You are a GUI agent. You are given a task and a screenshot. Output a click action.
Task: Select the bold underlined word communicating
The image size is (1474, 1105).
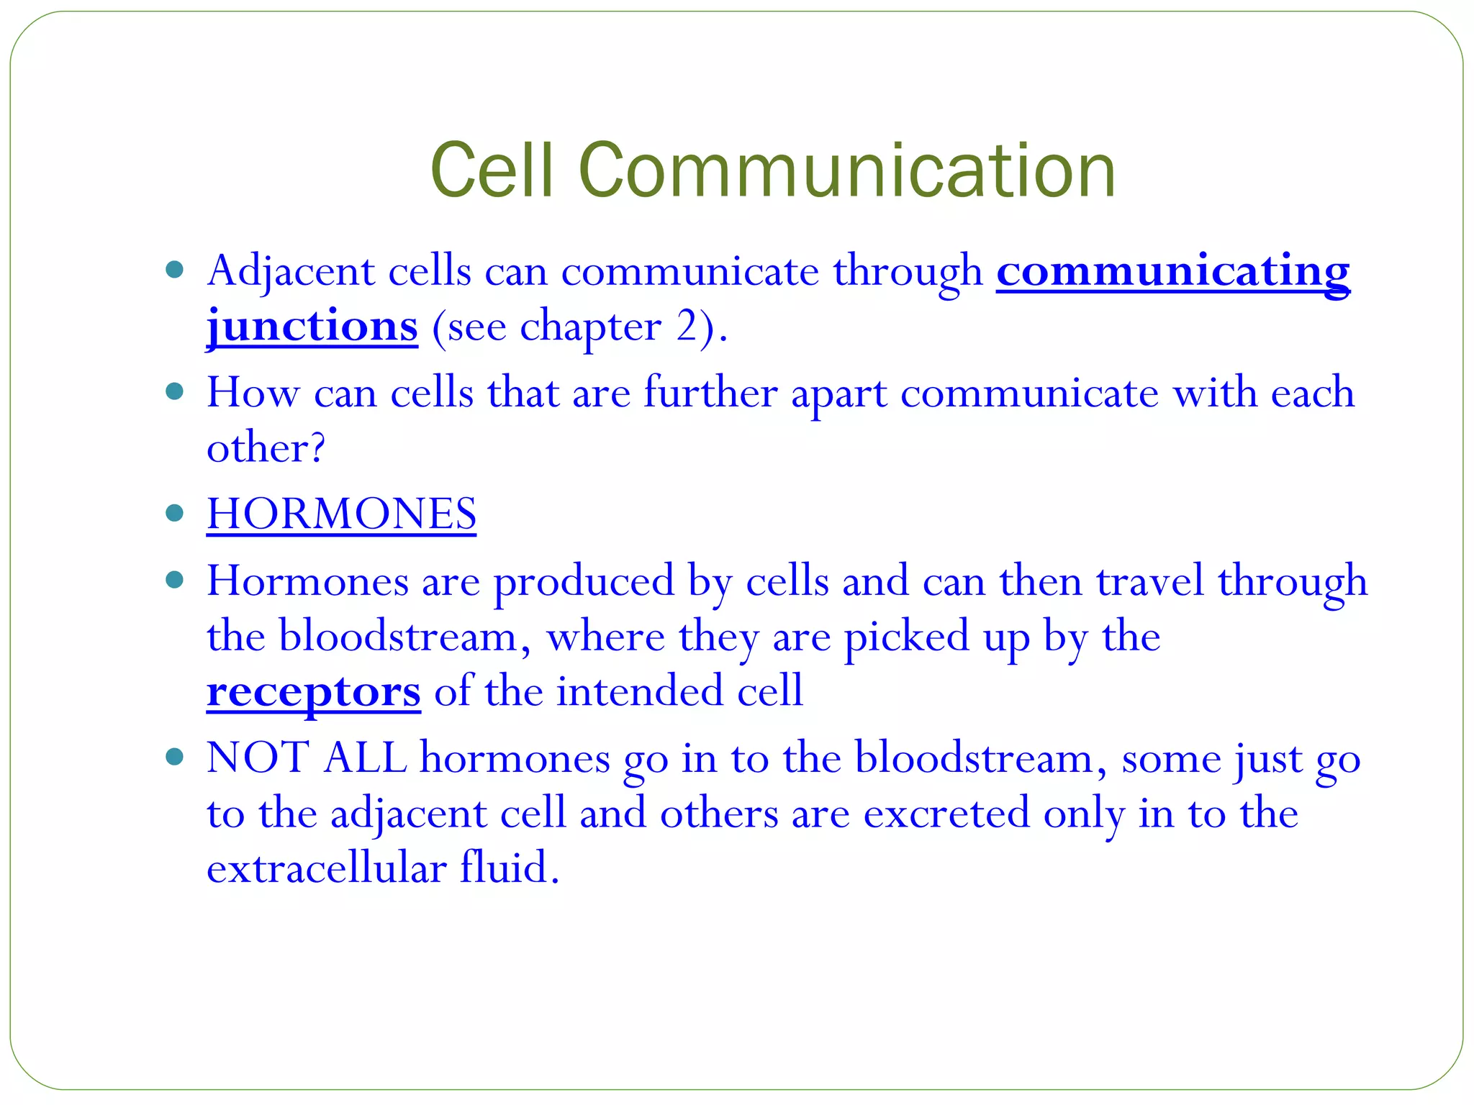click(1172, 272)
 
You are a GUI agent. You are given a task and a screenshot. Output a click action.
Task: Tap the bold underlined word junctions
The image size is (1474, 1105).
click(312, 327)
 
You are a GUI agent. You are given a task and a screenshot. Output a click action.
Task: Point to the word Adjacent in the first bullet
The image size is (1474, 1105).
click(290, 272)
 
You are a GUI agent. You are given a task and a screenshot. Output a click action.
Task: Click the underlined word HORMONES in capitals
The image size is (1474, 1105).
click(341, 514)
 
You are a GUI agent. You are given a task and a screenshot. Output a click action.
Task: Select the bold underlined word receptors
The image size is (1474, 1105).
click(313, 692)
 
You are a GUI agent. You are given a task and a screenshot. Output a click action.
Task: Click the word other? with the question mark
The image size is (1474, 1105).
click(266, 449)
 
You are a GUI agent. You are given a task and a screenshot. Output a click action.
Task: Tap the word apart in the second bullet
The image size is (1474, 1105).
click(838, 394)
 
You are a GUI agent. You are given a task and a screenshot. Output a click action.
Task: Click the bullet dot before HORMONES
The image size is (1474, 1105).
click(174, 513)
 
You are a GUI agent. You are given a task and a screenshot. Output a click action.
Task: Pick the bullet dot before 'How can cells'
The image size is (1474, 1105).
click(174, 391)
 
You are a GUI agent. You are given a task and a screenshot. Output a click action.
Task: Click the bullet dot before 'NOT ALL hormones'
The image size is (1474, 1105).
click(174, 757)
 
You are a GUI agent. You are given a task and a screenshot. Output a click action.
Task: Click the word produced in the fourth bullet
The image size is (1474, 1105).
click(584, 581)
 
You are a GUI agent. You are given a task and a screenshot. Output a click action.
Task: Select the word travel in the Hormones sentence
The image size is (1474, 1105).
click(1149, 581)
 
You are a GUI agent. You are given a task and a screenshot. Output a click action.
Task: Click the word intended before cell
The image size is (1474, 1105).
click(640, 692)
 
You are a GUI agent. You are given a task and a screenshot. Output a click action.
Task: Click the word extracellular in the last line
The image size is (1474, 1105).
click(326, 868)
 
